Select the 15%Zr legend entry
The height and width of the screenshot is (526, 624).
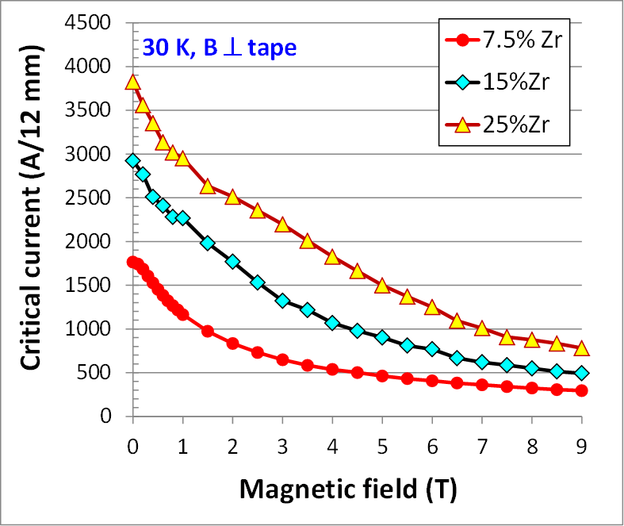click(504, 82)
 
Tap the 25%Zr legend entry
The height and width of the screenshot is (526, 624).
click(504, 124)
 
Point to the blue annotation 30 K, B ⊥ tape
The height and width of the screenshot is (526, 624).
click(220, 48)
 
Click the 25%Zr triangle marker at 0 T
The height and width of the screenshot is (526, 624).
click(133, 82)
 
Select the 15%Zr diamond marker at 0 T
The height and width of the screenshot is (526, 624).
click(133, 161)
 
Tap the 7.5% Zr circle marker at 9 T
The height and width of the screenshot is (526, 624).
click(581, 390)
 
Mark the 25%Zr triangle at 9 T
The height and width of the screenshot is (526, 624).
click(581, 347)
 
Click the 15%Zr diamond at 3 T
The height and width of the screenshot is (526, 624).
click(282, 301)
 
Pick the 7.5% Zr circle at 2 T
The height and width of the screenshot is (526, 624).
click(232, 344)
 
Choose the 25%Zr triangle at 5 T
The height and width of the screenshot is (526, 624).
click(382, 285)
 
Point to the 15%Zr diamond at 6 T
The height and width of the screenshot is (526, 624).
click(432, 349)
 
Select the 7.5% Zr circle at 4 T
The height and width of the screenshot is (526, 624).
click(332, 370)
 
